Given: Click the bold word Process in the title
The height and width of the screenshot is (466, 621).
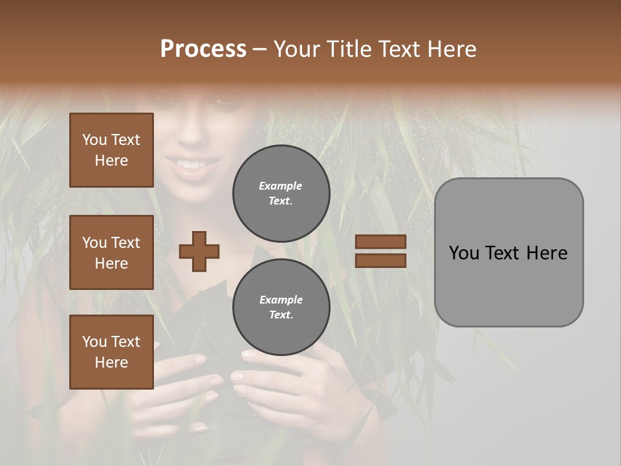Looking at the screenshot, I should [203, 49].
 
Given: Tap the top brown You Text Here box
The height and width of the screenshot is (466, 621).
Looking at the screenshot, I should [111, 150].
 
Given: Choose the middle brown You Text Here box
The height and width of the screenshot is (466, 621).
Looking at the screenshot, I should [111, 252].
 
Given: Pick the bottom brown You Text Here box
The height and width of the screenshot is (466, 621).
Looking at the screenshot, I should [111, 352].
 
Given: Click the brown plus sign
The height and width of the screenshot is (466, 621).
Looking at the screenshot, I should [199, 251].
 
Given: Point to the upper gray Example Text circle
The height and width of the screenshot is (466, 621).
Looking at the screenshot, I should [281, 193].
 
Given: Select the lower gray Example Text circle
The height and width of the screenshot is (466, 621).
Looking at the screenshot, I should [281, 307].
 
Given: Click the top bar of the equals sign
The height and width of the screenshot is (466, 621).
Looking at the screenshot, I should [380, 242].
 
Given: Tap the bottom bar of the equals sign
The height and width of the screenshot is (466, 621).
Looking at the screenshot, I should [380, 260].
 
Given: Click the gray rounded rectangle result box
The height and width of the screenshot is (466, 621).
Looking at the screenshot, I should [508, 252].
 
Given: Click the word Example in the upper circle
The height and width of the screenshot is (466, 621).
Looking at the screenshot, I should [281, 186].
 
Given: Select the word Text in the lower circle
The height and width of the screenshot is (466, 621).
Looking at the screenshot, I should [281, 315].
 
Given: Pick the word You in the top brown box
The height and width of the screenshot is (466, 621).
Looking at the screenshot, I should [94, 140].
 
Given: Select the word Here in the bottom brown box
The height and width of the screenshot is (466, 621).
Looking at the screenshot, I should [111, 362].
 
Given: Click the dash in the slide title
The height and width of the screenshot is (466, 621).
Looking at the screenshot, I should [259, 49].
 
